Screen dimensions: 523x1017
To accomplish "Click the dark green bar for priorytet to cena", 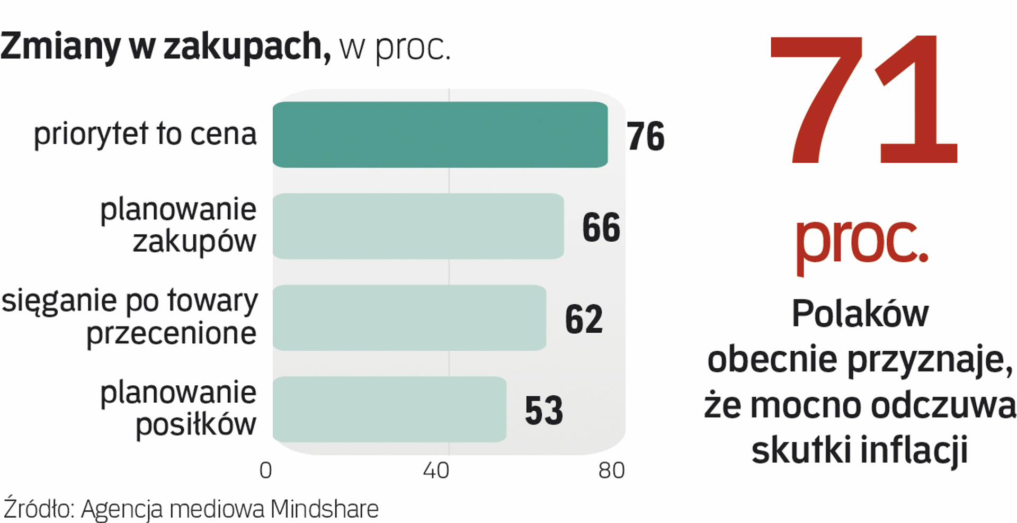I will point(440,135).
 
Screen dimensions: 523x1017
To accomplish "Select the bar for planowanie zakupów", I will point(418,226).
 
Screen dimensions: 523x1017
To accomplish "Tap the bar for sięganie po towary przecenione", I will point(409,318).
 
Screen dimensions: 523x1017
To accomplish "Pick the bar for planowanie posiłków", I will point(389,410).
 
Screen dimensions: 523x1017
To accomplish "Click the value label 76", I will point(645,137).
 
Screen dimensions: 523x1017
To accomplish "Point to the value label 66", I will point(601,228).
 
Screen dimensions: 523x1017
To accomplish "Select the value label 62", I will point(583,320).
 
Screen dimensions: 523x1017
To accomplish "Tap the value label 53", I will point(543,411).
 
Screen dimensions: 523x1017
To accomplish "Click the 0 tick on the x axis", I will point(266,471).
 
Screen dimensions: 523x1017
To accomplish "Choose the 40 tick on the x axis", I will point(436,471).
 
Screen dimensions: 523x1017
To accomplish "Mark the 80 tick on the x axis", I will point(611,471).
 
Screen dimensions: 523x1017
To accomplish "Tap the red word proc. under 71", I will point(861,241).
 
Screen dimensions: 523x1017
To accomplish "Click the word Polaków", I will point(860,314).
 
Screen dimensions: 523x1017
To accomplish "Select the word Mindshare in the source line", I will point(324,509).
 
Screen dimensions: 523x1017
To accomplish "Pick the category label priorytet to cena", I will point(145,134).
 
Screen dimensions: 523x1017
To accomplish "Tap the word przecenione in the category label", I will point(171,334).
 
